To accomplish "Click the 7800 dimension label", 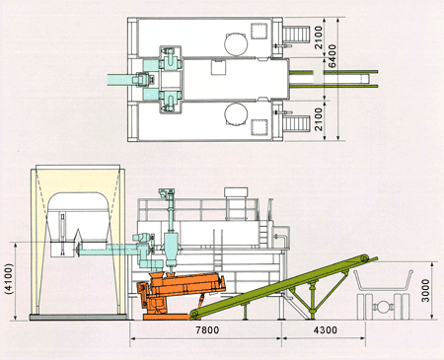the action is click(207, 329).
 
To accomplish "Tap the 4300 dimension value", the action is click(325, 329).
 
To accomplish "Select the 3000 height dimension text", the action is click(425, 290).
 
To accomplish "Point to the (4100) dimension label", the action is click(10, 278).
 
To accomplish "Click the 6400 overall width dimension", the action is click(333, 56).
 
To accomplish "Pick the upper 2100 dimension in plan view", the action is click(319, 37).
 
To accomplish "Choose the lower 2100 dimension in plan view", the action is click(319, 119).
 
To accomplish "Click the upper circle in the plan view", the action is click(236, 43).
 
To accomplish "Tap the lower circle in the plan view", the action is click(236, 114).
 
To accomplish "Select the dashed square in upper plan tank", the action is click(259, 31).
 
